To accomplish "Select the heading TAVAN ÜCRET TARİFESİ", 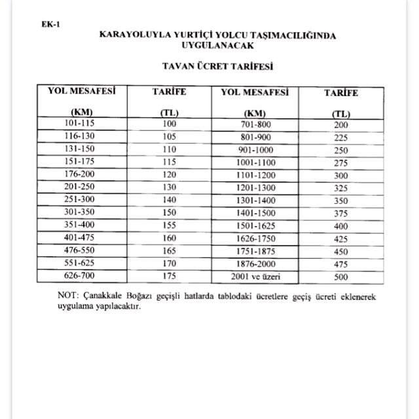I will coord(217,66).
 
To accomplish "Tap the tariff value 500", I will coord(341,277).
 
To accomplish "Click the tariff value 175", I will coord(170,277).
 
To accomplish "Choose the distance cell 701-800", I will coord(255,124).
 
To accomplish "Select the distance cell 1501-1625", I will coord(255,226).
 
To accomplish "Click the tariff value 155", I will coord(170,224).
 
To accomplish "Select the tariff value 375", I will coord(341,214).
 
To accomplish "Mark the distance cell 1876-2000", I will coord(255,264).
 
